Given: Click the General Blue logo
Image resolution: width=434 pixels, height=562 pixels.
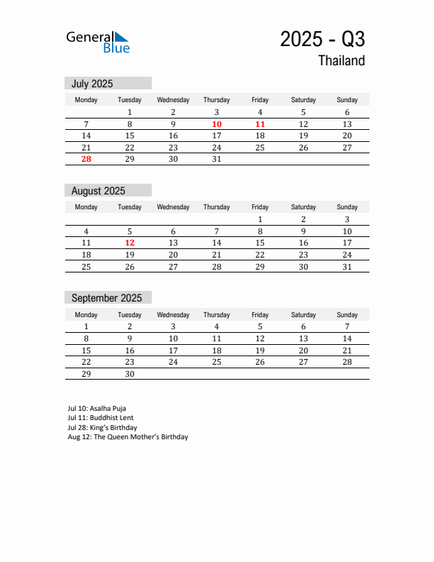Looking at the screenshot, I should (x=98, y=42).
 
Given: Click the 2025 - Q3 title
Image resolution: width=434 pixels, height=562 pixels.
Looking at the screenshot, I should (x=322, y=39).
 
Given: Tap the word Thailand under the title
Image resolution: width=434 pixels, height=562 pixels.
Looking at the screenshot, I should (x=341, y=61).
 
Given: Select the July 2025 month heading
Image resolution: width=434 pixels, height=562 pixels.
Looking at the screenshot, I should (x=92, y=84).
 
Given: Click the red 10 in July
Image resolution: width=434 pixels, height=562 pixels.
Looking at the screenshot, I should (x=216, y=124).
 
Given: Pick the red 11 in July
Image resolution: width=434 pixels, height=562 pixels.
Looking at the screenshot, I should (x=260, y=124).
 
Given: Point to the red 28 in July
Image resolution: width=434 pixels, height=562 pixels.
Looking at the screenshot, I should (x=86, y=159).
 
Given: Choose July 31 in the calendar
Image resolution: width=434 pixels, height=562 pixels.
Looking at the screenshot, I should (x=216, y=159).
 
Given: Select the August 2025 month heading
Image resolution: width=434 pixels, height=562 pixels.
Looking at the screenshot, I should (x=99, y=191).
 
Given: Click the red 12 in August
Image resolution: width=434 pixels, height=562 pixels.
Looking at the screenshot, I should (x=130, y=243).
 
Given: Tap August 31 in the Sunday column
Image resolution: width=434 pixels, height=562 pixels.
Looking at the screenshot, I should (x=347, y=267).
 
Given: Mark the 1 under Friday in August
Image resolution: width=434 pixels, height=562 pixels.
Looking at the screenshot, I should (x=260, y=219).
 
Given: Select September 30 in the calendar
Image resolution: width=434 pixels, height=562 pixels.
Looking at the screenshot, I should (x=130, y=374).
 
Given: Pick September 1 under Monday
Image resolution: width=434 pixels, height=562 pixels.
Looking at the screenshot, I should (x=86, y=327).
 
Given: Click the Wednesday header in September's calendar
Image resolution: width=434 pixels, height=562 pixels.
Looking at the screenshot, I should (x=173, y=315).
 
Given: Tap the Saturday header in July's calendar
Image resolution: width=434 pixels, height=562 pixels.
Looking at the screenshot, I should (x=304, y=100).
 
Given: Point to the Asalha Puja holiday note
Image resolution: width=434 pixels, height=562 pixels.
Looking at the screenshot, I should (x=96, y=409).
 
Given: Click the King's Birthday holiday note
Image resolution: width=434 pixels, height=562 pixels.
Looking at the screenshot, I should (x=102, y=428).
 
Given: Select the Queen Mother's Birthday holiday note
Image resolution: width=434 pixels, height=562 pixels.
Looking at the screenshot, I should (x=128, y=437).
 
